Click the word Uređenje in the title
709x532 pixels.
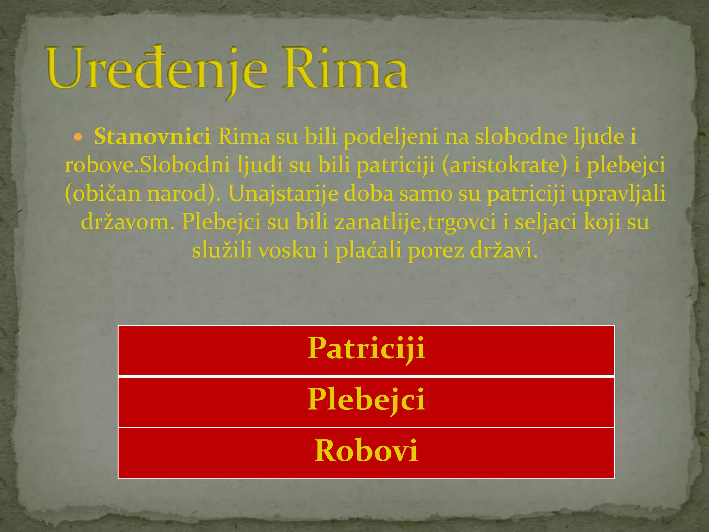coord(158,69)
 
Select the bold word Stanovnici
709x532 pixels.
coord(152,137)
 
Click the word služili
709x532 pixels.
coord(222,250)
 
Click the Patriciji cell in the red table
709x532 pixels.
coord(366,350)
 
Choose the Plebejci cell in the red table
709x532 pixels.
coord(366,402)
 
